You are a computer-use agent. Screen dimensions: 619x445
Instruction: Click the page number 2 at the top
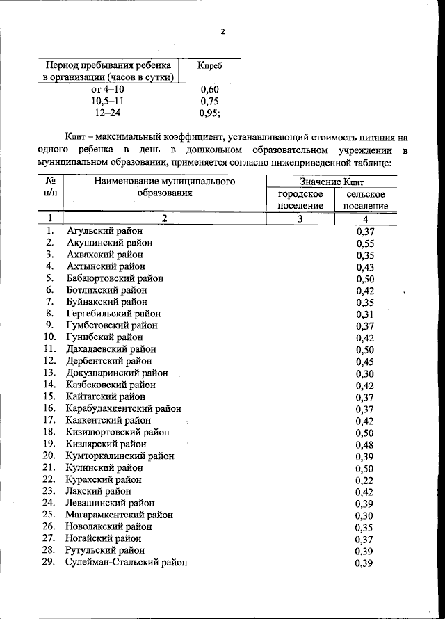point(222,32)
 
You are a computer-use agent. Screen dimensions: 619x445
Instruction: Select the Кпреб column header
point(210,65)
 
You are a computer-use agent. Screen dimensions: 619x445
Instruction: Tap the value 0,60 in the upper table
point(209,89)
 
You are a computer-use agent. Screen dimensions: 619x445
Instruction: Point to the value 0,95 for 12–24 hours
point(209,113)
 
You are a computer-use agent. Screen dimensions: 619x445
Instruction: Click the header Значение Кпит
point(333,182)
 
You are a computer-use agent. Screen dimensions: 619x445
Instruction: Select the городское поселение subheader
point(300,200)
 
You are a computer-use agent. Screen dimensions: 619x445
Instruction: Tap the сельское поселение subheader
point(365,200)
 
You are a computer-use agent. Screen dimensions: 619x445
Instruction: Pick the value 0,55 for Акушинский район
point(365,243)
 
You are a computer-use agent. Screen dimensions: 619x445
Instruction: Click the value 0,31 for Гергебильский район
point(365,314)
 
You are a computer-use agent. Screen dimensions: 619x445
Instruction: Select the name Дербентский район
point(109,361)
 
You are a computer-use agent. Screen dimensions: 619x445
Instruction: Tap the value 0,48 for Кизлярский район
point(365,444)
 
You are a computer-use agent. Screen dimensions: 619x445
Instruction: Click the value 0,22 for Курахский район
point(365,480)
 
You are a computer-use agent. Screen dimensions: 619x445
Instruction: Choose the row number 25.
point(48,515)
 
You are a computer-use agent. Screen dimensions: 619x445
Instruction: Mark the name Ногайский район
point(104,538)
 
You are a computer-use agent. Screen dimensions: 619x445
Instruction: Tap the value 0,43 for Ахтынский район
point(365,266)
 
